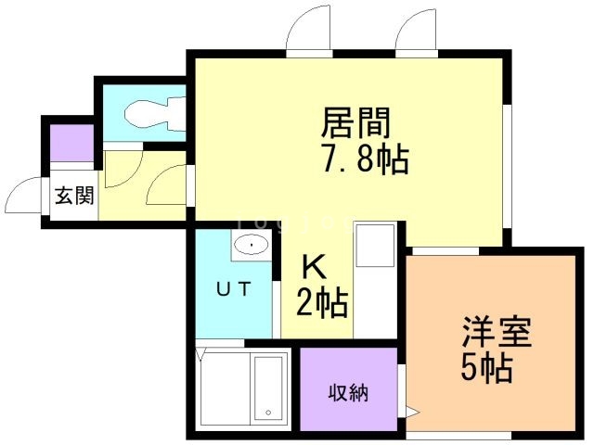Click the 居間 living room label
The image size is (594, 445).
(355, 122)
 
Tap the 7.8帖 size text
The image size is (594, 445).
(365, 159)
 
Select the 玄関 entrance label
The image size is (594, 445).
(74, 196)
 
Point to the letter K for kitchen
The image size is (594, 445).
(314, 267)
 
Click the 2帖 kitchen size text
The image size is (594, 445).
(322, 302)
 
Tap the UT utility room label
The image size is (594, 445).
(233, 289)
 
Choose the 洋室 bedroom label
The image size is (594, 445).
(497, 332)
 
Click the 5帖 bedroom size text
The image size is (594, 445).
(486, 368)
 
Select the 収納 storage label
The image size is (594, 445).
(348, 393)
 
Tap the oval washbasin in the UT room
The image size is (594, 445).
(252, 244)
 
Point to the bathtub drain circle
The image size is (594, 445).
(268, 413)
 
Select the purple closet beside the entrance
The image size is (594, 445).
(72, 143)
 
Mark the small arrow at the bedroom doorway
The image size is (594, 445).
(412, 412)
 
